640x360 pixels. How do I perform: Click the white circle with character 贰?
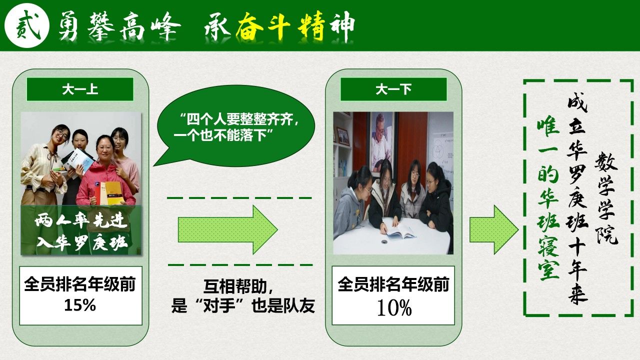[x=27, y=25]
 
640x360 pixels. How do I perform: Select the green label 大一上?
[x=80, y=89]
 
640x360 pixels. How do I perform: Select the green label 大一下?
[x=393, y=89]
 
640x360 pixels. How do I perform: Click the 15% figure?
[x=80, y=305]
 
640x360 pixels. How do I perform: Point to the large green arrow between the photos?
[x=227, y=229]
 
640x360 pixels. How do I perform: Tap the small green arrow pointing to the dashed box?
[x=494, y=229]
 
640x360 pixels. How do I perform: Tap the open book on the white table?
[x=400, y=231]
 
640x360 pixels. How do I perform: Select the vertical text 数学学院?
[x=606, y=197]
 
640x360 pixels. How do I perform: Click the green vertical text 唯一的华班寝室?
[x=548, y=200]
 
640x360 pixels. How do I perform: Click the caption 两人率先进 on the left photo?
[x=81, y=221]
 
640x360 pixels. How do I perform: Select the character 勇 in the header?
[x=68, y=26]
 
